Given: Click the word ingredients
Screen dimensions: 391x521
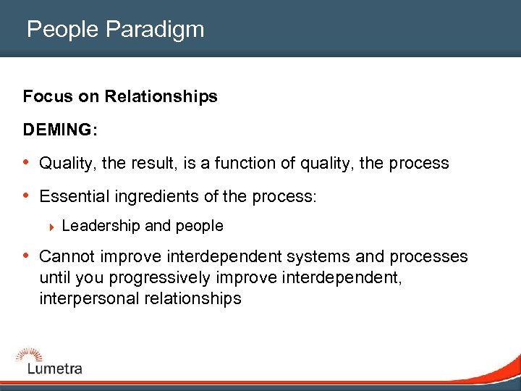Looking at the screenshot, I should (x=161, y=197).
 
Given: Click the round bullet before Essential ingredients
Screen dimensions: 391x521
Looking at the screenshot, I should (x=27, y=196).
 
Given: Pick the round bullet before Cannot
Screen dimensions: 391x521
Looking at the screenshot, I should (x=27, y=256).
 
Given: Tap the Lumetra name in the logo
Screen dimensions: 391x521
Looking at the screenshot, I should (x=54, y=369).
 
